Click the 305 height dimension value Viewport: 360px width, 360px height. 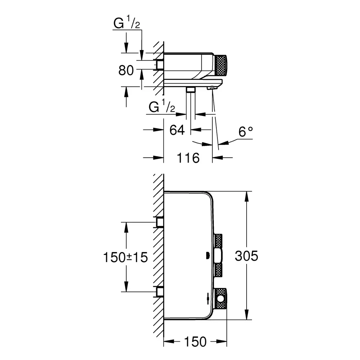(246, 256)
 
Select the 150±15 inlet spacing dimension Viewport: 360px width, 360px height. (125, 257)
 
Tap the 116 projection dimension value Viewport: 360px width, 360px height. (188, 158)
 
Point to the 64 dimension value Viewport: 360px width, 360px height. (177, 130)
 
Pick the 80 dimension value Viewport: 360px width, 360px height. (126, 70)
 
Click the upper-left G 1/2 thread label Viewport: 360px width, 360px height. (126, 22)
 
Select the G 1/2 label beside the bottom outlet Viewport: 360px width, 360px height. (162, 106)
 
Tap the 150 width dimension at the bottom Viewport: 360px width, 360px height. (195, 342)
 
